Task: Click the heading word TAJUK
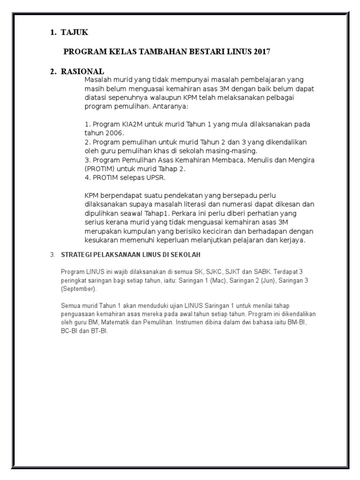pos(75,32)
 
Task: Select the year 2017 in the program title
pos(261,52)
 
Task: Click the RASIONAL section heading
pos(82,72)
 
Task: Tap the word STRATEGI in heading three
pos(78,255)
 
